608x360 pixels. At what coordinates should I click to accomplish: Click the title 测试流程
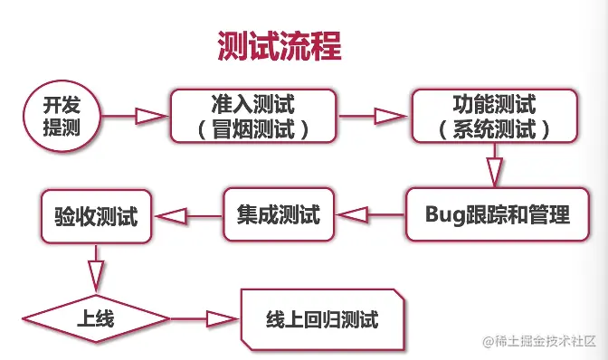[280, 45]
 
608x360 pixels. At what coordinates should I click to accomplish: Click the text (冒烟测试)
[252, 130]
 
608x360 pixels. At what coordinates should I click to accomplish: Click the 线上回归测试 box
[321, 319]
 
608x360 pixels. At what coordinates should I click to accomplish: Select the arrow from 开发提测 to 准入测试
[136, 116]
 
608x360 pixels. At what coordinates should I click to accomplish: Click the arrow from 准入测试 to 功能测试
[374, 116]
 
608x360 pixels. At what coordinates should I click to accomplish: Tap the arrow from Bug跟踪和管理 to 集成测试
[369, 215]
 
